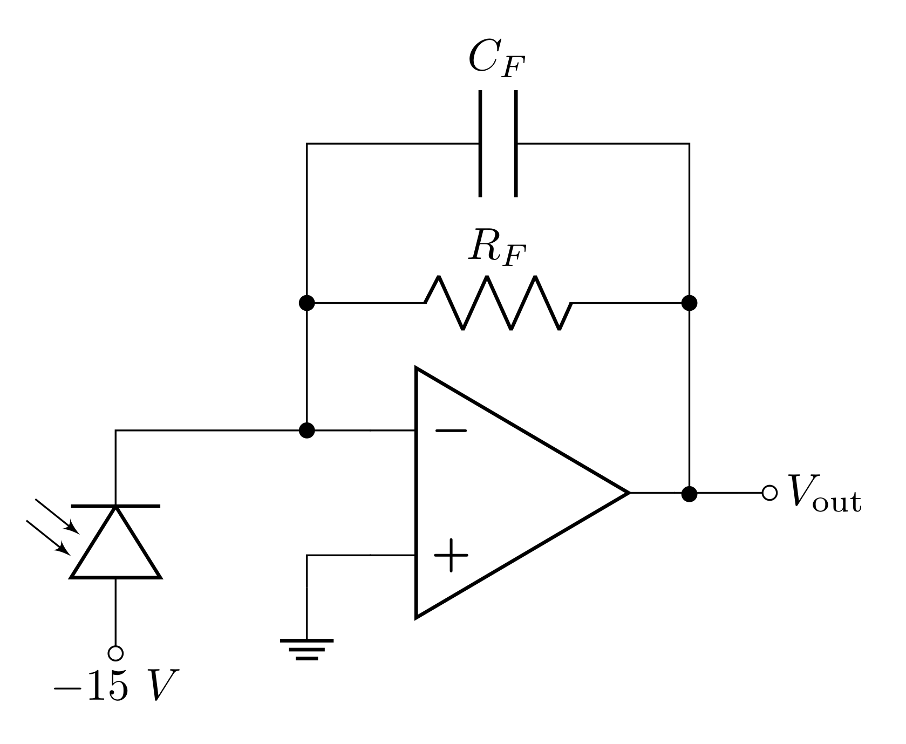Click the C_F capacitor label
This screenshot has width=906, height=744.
[496, 59]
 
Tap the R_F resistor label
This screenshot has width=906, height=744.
[496, 247]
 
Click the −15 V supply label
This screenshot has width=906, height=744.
[115, 686]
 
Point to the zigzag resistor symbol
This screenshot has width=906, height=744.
[498, 303]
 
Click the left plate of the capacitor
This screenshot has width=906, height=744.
[480, 144]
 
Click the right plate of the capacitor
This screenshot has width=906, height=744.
[516, 144]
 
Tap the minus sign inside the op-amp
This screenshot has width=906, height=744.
[451, 431]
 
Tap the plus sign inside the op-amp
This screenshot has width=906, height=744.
[451, 555]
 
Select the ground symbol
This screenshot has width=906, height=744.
[306, 649]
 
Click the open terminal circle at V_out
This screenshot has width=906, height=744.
[769, 493]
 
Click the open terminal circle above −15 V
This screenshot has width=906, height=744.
[115, 653]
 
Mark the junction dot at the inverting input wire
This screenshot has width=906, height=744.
[306, 431]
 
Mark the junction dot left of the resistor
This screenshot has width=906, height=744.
[306, 303]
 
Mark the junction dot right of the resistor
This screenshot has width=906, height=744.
[689, 303]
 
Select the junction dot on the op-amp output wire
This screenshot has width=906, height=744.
[689, 493]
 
